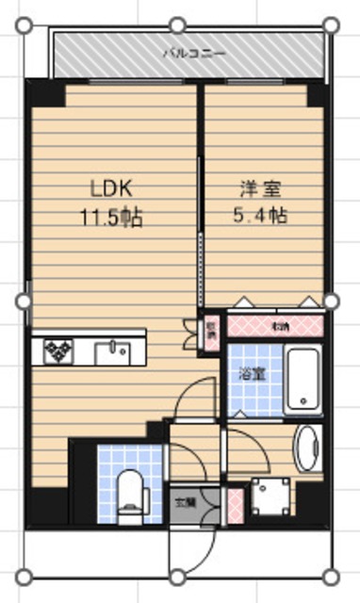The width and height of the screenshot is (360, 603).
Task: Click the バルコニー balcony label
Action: coord(193,54)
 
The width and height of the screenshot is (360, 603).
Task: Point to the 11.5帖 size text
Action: coord(110,217)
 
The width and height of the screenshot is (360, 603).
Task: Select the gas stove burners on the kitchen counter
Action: coord(57,350)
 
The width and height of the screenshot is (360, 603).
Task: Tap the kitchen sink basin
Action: coord(118,350)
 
